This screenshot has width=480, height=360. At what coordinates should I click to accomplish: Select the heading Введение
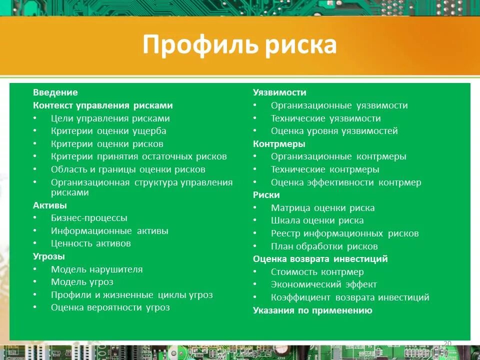coord(55,92)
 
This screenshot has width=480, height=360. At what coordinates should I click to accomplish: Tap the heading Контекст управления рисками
coord(102,105)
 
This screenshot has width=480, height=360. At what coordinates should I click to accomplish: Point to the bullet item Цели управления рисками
coord(110,118)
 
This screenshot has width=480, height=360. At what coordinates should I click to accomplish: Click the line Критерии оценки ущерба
coord(108,131)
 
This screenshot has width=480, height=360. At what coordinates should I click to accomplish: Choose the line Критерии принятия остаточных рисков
coord(138,156)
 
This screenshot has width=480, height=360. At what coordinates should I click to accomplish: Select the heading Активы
coord(50,205)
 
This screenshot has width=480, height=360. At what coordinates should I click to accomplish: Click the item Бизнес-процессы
coord(89,218)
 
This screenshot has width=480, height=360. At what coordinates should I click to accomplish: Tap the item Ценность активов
coord(90,243)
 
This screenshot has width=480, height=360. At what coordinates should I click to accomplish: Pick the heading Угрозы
coord(49,256)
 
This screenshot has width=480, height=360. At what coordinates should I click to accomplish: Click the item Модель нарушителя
coord(96,269)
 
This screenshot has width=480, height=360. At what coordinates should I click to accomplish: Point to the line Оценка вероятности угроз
coord(110,307)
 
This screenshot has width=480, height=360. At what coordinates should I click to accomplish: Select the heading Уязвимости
coord(279,92)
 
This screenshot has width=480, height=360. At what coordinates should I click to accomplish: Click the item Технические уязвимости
coord(325,118)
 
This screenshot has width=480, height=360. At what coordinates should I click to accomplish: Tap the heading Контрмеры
coord(279,144)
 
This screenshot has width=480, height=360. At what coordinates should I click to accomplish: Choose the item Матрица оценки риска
coord(322,208)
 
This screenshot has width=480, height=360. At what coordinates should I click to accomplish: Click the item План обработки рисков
coord(324,246)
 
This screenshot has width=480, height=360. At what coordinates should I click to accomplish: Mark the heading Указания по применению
coord(312,310)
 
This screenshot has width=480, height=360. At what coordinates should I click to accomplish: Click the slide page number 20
coord(447,342)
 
